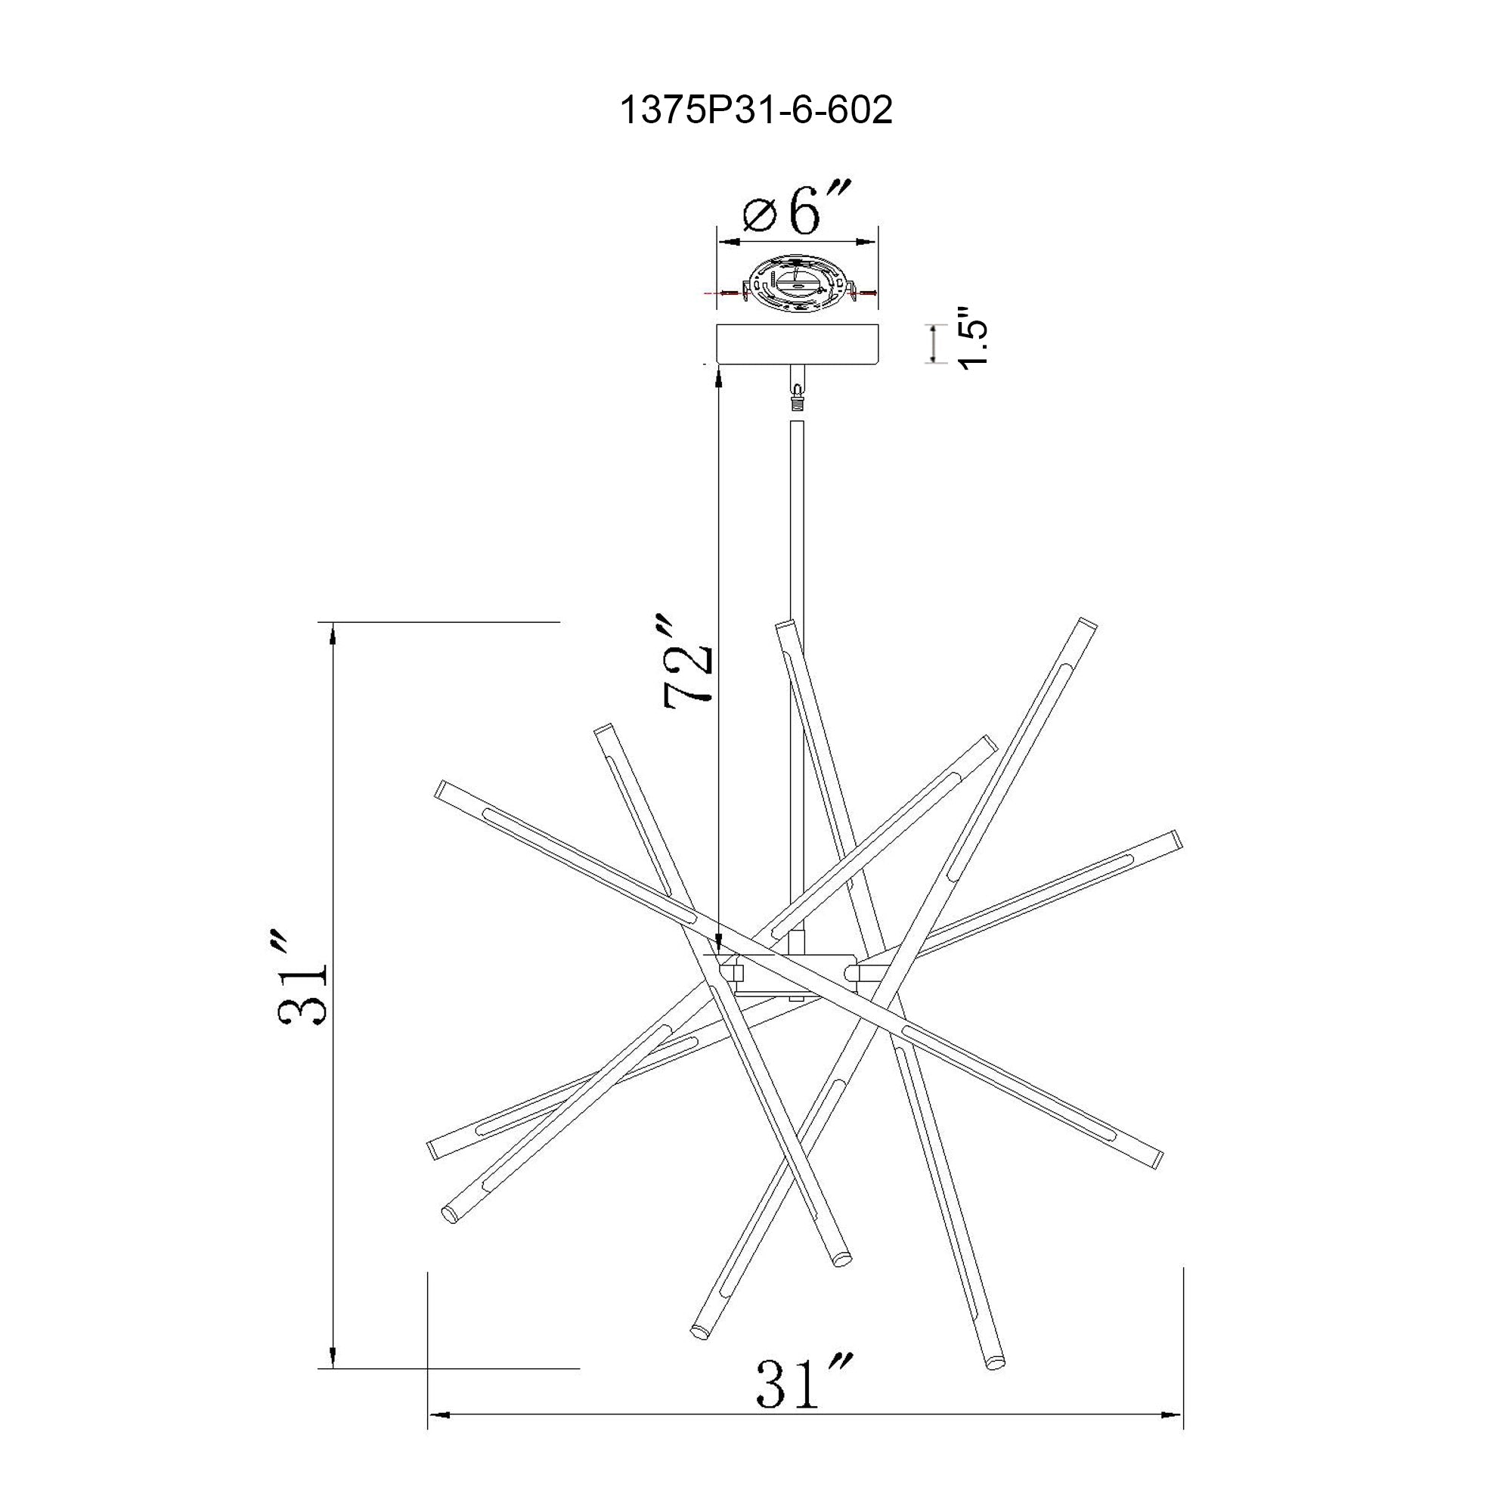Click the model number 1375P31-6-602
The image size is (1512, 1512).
(755, 111)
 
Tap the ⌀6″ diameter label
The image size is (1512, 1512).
(795, 209)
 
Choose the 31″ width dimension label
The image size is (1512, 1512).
(803, 1383)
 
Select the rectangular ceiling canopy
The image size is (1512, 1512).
(798, 344)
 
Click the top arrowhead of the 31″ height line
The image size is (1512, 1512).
(334, 631)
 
